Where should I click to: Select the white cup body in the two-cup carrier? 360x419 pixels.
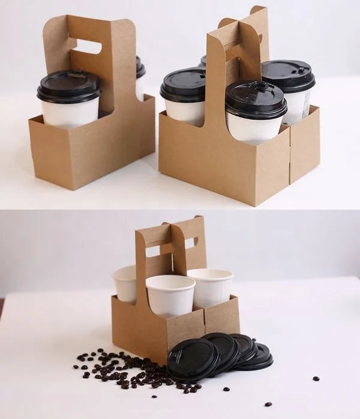click(x=69, y=113)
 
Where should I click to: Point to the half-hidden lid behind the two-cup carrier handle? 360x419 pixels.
click(x=140, y=68)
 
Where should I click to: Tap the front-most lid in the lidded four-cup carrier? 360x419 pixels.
click(x=256, y=98)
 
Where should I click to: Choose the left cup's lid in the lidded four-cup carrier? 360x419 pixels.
click(x=183, y=85)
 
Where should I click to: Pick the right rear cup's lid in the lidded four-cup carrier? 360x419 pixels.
click(x=289, y=75)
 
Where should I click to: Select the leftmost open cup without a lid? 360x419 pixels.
click(x=124, y=283)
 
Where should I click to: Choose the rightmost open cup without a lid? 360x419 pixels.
click(x=211, y=286)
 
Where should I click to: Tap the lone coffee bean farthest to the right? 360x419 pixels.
click(x=316, y=378)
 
